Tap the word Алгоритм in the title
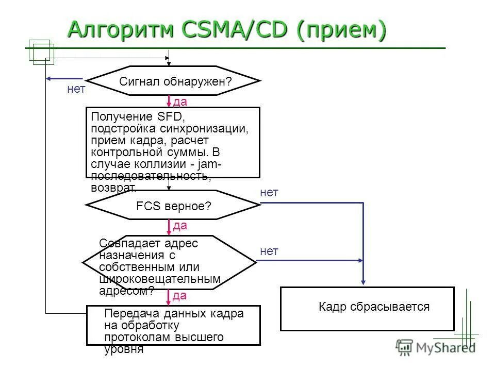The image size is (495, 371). point(122,30)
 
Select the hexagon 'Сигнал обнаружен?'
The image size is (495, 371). point(173,81)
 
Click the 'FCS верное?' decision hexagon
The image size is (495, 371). point(173,205)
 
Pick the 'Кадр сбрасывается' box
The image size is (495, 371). point(367,308)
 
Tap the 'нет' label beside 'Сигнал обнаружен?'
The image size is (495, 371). point(76,90)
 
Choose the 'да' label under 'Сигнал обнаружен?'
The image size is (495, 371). point(180,102)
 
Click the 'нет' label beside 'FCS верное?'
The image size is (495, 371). point(269,193)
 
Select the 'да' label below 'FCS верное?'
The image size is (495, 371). point(180,226)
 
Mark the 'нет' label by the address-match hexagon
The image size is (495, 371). point(269,251)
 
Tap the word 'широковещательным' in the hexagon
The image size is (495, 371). point(160,279)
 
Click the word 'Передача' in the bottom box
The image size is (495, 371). point(126,314)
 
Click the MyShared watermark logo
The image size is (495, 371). point(436,347)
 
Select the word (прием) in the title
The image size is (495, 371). point(341,30)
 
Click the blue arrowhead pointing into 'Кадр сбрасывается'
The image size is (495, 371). point(364,282)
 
